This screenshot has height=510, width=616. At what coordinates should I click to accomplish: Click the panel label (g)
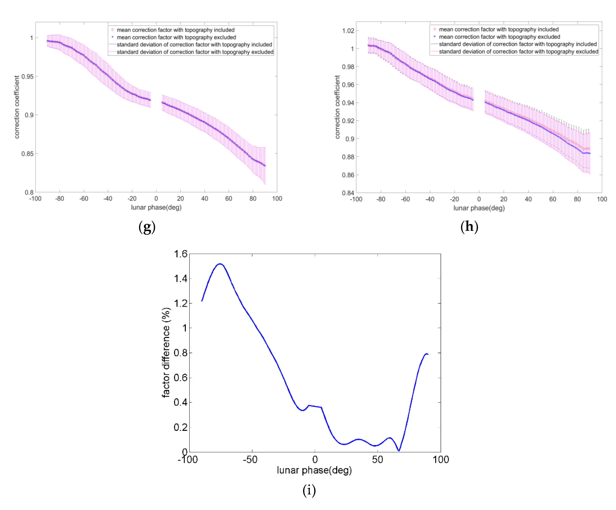pyautogui.click(x=147, y=227)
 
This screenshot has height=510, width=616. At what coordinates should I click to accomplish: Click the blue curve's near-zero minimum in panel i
pyautogui.click(x=399, y=450)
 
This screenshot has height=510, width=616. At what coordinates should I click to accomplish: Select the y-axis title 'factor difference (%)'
pyautogui.click(x=166, y=352)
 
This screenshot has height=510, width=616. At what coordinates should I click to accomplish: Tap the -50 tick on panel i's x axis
pyautogui.click(x=250, y=459)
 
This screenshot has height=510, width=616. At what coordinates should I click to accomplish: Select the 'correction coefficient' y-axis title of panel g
pyautogui.click(x=17, y=107)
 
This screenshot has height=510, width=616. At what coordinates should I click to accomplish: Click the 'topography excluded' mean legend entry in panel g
pyautogui.click(x=176, y=37)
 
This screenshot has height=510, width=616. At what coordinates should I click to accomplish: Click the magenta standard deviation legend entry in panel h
pyautogui.click(x=518, y=52)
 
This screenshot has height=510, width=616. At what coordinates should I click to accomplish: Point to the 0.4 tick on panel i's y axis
pyautogui.click(x=180, y=402)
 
